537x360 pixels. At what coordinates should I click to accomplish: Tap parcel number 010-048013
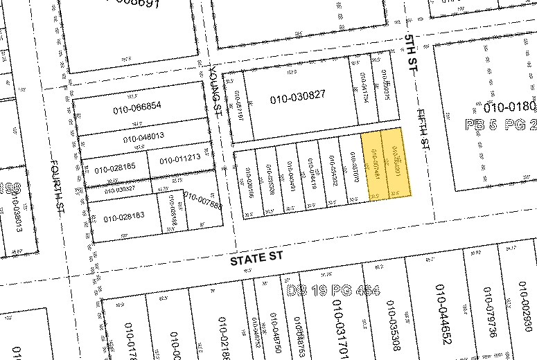coord(143,137)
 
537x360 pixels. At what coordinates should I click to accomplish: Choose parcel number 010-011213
coord(179,159)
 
